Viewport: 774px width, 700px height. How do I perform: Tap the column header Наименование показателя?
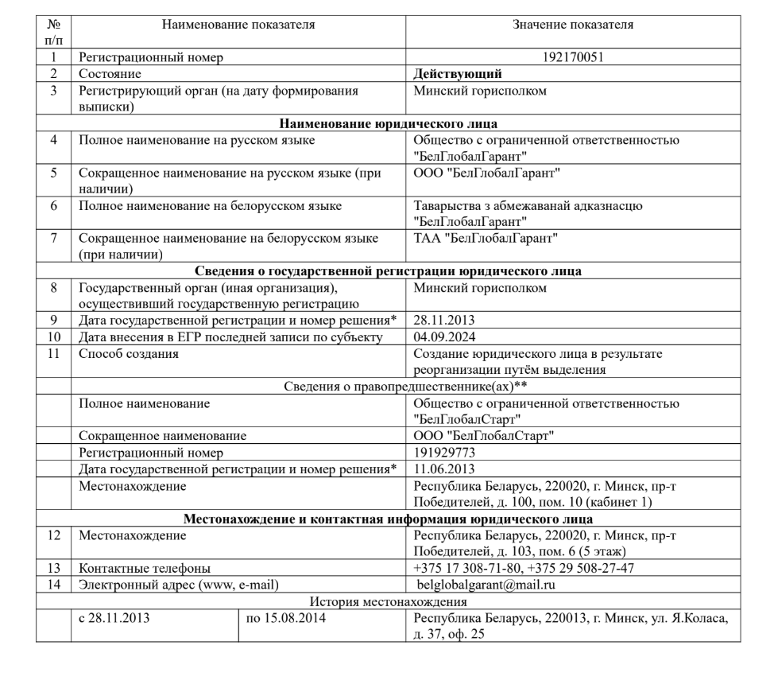pos(238,25)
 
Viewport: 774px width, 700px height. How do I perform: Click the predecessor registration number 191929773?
pos(442,452)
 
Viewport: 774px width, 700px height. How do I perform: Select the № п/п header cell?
pos(53,32)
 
